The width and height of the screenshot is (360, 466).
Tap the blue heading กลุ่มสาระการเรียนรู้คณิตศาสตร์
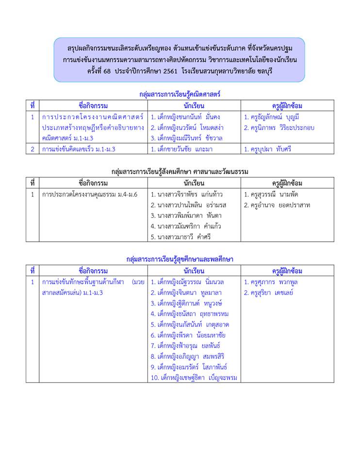(180, 94)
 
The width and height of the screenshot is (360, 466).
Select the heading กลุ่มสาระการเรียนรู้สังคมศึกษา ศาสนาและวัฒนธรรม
(180, 171)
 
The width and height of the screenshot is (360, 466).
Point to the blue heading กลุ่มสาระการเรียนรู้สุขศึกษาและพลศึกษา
(180, 259)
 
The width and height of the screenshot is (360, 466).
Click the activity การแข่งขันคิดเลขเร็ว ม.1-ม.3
(79, 150)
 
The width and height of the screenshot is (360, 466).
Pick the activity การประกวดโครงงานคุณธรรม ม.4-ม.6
(90, 195)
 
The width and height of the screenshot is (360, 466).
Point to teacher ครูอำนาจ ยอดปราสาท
(277, 205)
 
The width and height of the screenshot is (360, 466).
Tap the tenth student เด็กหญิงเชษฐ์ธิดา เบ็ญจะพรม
(193, 378)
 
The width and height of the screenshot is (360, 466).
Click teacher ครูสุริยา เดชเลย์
(269, 293)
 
